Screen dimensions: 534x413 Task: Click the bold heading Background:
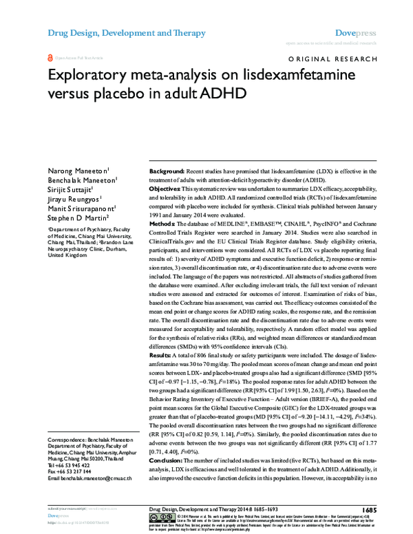170,170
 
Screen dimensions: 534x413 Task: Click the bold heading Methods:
166,224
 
